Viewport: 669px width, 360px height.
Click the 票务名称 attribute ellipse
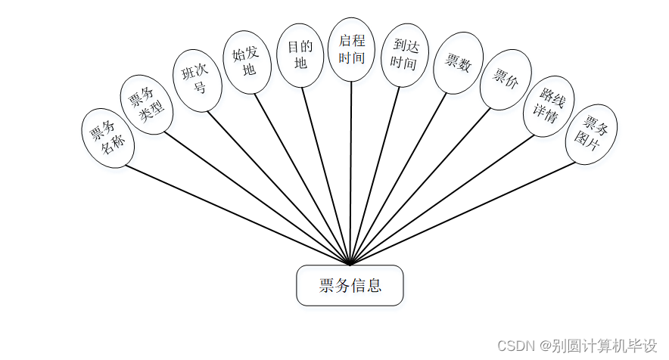tap(107, 137)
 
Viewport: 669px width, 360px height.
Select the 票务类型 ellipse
tap(147, 105)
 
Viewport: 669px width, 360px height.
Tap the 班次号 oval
tap(196, 81)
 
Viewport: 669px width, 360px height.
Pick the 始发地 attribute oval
tap(247, 62)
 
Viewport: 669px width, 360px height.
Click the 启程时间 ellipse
tap(351, 49)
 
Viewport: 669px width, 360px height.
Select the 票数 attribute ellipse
tap(458, 64)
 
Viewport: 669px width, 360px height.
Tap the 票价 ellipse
tap(505, 79)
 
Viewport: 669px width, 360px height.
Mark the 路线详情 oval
tap(549, 107)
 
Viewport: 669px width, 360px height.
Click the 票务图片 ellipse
tap(591, 135)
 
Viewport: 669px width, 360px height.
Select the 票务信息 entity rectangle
tap(350, 286)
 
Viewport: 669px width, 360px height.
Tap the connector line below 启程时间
tap(351, 174)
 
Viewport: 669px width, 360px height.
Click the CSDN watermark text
tap(587, 346)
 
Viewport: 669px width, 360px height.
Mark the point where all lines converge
tap(350, 265)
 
